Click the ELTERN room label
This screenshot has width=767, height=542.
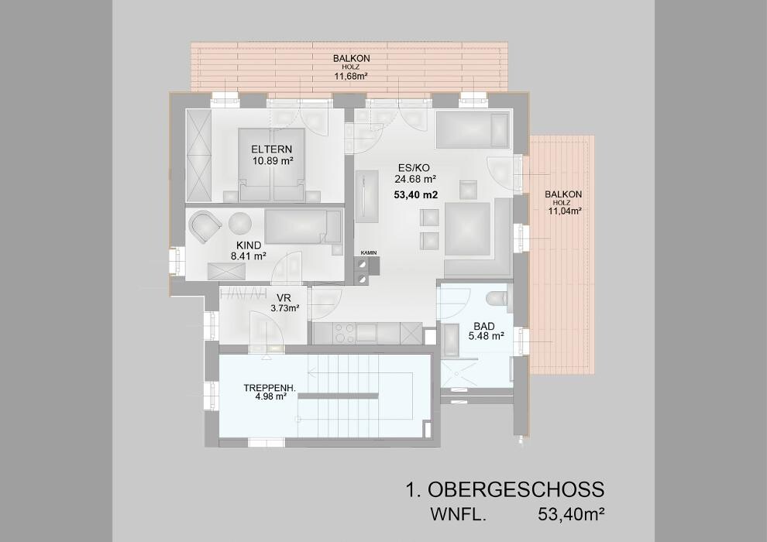[271, 149]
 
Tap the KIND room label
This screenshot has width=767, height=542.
[249, 245]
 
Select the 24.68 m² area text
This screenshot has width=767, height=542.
[415, 179]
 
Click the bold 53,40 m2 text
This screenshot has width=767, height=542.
[415, 194]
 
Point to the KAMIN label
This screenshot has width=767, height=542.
[368, 252]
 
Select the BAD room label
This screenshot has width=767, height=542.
[483, 326]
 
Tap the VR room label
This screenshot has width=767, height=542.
[284, 298]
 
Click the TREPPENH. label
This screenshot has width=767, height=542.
[270, 388]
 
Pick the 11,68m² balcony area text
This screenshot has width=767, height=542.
[351, 76]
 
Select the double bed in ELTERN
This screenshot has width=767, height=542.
[271, 165]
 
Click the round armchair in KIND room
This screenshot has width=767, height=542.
[205, 225]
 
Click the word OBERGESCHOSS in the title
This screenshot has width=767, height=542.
[516, 489]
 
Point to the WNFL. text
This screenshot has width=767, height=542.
[458, 515]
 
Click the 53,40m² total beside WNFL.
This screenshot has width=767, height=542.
[571, 514]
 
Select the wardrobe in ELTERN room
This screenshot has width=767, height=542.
[198, 156]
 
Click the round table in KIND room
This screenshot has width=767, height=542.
[239, 224]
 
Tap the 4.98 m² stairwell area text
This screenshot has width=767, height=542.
[270, 397]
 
